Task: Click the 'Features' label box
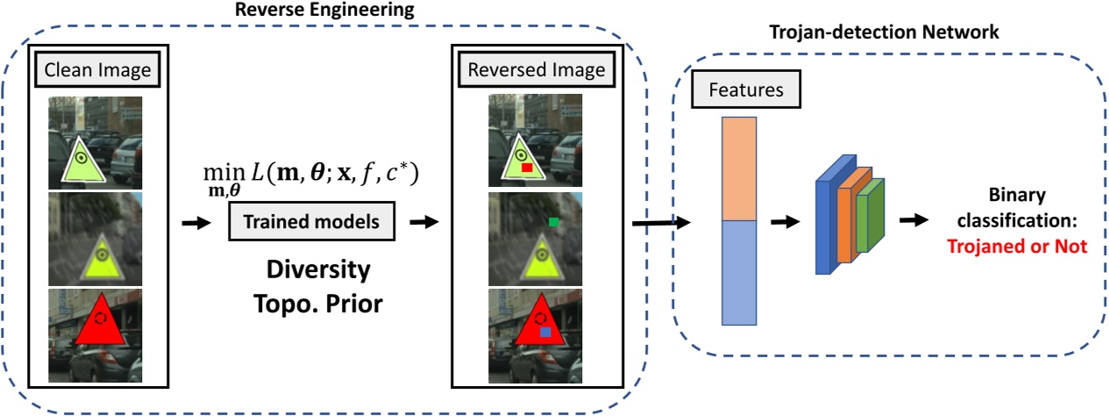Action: [x=747, y=90]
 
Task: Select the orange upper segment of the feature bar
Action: [x=738, y=169]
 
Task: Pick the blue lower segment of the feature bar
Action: [x=738, y=273]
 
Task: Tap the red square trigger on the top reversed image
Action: [x=526, y=167]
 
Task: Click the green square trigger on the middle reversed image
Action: [x=554, y=223]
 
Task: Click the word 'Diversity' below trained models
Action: [x=311, y=268]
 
